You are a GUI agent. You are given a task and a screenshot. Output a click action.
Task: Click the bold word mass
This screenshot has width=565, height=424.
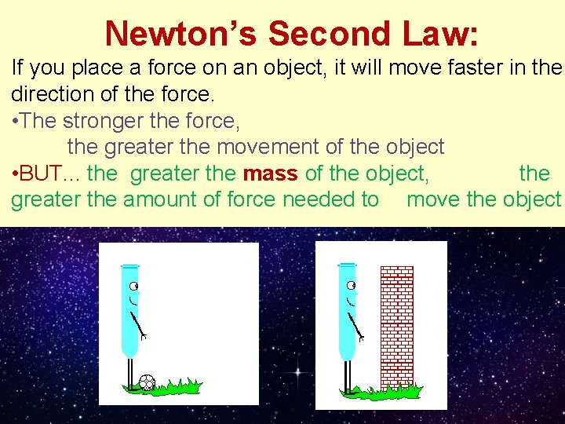[x=271, y=173]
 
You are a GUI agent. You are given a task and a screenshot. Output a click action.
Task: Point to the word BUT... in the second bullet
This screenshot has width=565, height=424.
[x=47, y=173]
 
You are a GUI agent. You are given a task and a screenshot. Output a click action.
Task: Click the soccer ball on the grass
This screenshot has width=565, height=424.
[x=147, y=382]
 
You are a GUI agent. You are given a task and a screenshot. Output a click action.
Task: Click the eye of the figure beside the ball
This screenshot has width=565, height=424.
[x=133, y=285]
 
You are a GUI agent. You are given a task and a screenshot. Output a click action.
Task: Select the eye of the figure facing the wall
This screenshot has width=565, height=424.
[x=350, y=285]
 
